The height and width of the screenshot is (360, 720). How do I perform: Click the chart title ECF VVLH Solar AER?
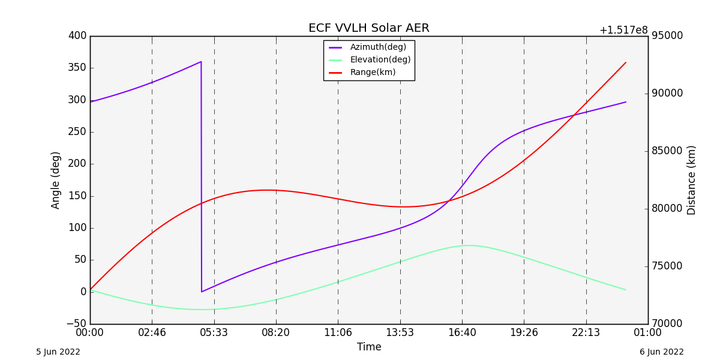click(368, 28)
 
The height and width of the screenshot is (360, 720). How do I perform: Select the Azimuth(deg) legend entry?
click(378, 47)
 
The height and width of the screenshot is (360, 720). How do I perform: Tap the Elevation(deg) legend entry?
click(380, 60)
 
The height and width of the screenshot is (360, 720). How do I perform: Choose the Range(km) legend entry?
click(373, 73)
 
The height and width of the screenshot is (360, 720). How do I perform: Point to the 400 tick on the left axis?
click(77, 36)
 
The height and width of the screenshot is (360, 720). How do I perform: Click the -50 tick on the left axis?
click(76, 324)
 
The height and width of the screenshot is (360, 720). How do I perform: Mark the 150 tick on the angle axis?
click(77, 196)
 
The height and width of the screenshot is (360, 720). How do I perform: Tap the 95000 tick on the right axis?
click(667, 36)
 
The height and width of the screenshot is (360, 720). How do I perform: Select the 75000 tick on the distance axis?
click(667, 266)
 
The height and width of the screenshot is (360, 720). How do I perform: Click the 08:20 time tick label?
click(276, 332)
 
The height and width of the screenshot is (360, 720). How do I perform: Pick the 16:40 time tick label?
click(462, 332)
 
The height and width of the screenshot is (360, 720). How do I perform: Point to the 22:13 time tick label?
click(586, 332)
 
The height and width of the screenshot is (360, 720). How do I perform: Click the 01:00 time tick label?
click(648, 332)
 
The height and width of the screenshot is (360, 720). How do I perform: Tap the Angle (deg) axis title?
click(56, 180)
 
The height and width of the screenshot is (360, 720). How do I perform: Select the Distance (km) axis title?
click(692, 180)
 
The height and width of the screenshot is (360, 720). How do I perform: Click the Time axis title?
click(369, 347)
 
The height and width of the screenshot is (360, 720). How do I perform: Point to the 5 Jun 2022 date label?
click(58, 352)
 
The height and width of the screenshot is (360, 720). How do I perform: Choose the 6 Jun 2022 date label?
click(661, 352)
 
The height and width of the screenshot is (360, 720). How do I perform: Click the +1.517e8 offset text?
click(623, 31)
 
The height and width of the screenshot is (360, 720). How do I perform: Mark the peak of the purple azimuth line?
click(200, 62)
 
